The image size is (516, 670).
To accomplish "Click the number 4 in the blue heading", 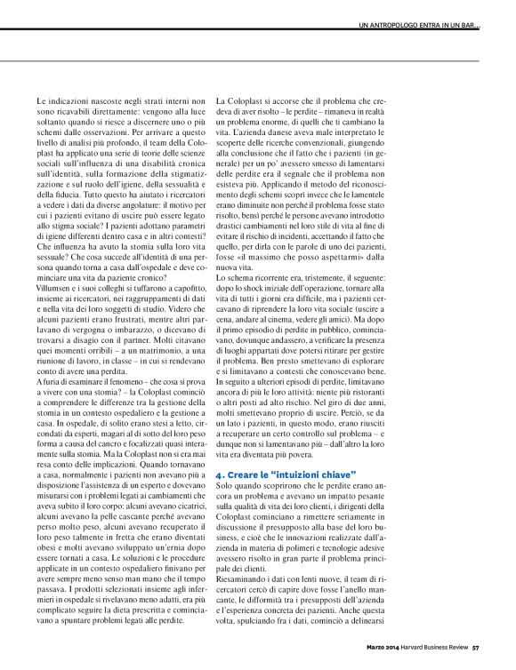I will (220, 477).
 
